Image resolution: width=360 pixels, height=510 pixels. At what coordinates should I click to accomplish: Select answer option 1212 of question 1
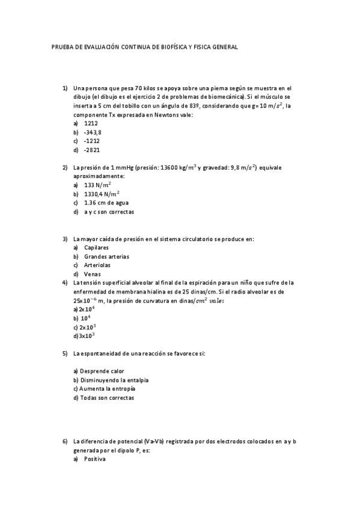click(x=91, y=123)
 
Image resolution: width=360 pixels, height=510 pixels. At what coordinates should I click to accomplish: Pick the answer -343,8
click(x=93, y=132)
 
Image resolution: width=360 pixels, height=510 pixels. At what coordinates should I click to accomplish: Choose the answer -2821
click(x=93, y=150)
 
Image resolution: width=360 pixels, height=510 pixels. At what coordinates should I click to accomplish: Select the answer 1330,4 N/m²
click(x=102, y=194)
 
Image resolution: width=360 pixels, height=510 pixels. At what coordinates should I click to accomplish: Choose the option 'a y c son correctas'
click(x=109, y=212)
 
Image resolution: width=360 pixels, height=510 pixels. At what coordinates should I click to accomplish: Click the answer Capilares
click(x=96, y=247)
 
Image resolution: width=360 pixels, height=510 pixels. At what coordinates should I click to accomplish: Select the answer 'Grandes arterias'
click(x=106, y=256)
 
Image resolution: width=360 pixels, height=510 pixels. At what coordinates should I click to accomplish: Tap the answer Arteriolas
click(x=97, y=265)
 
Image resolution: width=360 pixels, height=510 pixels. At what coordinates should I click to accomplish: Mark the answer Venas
click(x=93, y=274)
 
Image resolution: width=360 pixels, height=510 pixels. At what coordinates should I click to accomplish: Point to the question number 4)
click(x=65, y=282)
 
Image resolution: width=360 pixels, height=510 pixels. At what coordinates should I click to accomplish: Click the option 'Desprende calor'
click(x=101, y=371)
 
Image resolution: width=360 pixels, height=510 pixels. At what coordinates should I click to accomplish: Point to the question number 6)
click(x=65, y=441)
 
